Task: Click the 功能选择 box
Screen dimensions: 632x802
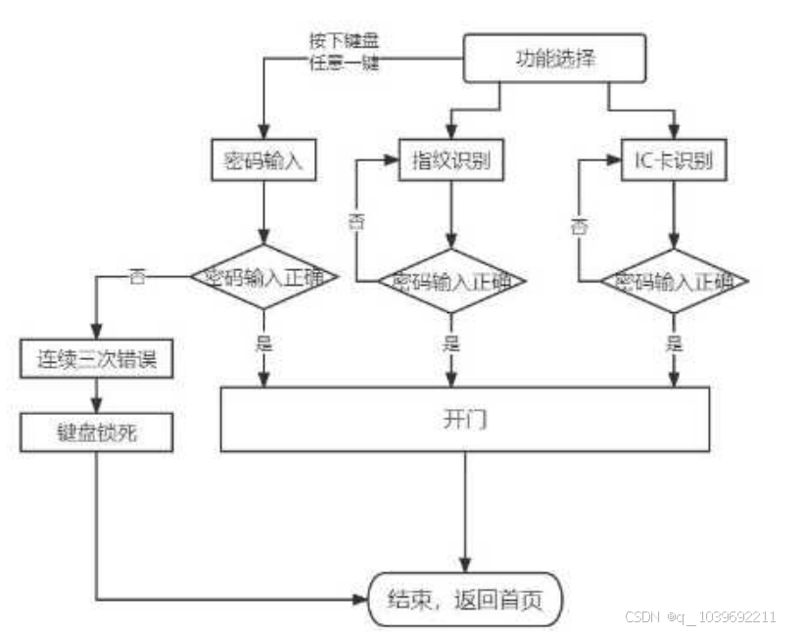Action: pos(554,59)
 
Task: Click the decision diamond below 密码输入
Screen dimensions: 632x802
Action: pos(263,277)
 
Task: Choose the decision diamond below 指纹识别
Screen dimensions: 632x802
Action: pos(451,281)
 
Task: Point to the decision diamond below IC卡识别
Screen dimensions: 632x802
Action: pos(675,281)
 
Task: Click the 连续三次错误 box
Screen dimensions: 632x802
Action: pos(97,359)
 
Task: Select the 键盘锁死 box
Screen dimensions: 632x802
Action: pos(97,432)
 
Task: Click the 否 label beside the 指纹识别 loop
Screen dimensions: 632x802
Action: pos(356,221)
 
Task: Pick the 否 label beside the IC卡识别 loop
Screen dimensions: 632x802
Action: pos(580,227)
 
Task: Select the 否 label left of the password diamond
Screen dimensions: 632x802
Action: pos(138,277)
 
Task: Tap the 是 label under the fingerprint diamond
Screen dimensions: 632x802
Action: pos(451,343)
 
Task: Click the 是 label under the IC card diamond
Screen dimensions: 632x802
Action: pos(675,343)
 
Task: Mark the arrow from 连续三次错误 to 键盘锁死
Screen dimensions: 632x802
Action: pos(97,395)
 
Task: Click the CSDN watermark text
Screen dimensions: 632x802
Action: pos(699,617)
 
